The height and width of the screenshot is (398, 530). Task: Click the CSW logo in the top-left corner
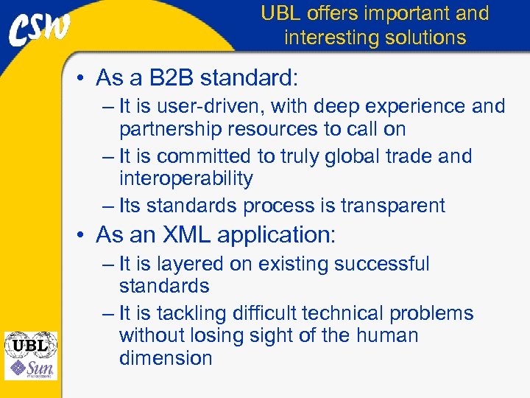pyautogui.click(x=40, y=29)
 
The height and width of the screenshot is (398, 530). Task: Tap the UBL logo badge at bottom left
pyautogui.click(x=30, y=344)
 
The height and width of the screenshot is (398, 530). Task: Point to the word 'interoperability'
pyautogui.click(x=185, y=178)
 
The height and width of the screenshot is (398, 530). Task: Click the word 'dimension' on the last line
pyautogui.click(x=165, y=358)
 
